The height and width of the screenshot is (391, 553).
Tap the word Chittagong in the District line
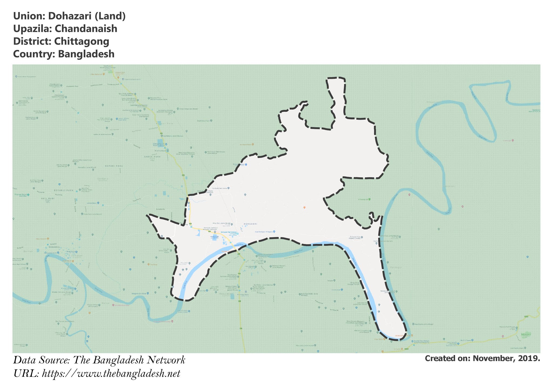[x=82, y=41]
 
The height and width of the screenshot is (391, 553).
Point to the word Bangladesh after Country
[x=86, y=54]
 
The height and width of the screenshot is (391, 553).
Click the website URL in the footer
[x=111, y=374]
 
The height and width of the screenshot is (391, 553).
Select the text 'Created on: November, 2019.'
[x=482, y=359]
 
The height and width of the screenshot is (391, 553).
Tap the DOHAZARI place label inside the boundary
[x=250, y=224]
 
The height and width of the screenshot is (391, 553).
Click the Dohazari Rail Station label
[x=228, y=232]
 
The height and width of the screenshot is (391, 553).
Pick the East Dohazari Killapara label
[x=264, y=232]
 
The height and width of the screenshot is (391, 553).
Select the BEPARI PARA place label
[x=114, y=166]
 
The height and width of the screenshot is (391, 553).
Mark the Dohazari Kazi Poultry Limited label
[x=355, y=238]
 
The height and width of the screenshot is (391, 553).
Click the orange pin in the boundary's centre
[x=304, y=207]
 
